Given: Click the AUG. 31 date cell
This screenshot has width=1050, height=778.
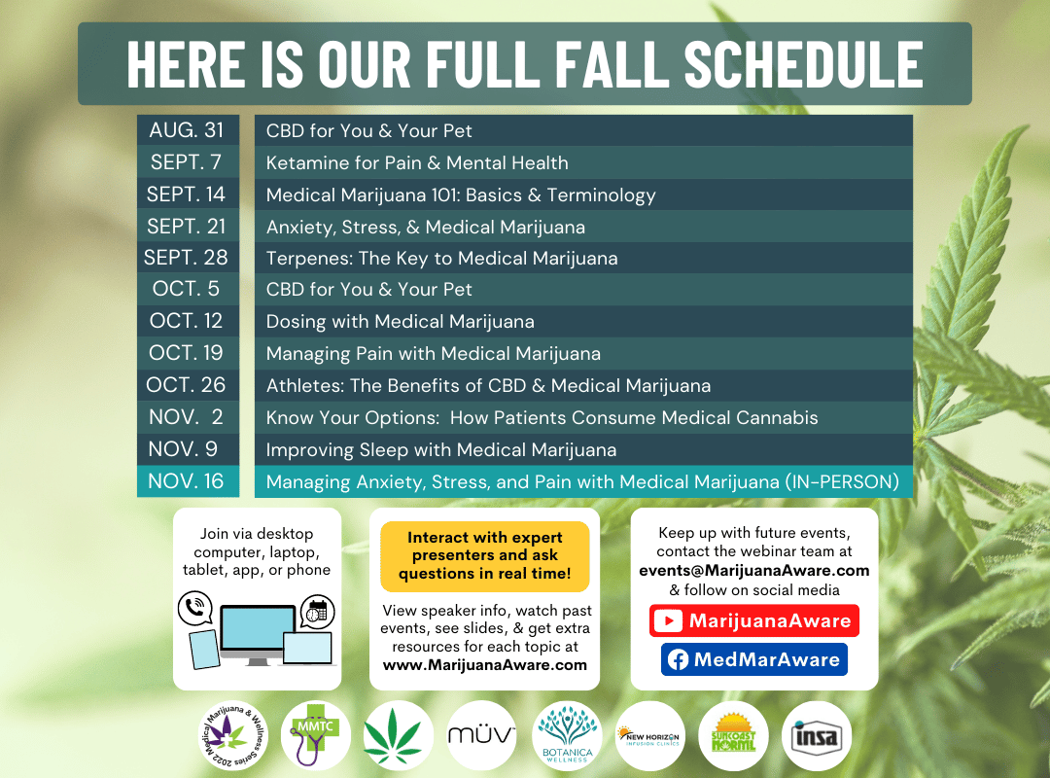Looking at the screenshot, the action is [188, 130].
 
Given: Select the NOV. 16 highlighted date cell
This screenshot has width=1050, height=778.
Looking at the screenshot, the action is [188, 481].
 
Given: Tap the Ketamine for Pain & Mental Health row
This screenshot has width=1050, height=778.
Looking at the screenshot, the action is [583, 162].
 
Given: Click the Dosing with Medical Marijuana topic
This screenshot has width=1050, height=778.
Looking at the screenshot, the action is [400, 322].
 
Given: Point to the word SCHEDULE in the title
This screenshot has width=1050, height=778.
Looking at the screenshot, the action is [804, 64].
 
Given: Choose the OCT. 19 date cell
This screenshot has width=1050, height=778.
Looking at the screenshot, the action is [188, 352].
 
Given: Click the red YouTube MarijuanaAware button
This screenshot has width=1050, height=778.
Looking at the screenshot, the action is [754, 620].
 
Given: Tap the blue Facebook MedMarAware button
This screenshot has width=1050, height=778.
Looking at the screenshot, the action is [754, 659].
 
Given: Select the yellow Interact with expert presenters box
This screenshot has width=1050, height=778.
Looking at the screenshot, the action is [485, 556].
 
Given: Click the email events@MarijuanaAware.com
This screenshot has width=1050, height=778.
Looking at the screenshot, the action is [754, 570].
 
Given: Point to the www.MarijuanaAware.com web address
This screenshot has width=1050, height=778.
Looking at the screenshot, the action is [485, 665].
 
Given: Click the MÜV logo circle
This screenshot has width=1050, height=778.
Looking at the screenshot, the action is [481, 736].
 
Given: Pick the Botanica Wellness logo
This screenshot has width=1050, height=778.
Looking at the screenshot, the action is [567, 736].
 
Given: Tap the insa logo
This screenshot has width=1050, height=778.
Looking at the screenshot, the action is [817, 736].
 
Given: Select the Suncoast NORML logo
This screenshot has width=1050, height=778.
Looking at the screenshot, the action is [733, 736].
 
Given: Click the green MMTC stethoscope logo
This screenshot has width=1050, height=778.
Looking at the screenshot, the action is [315, 736].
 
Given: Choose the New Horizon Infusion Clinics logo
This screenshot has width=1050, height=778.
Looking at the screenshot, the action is [650, 736].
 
